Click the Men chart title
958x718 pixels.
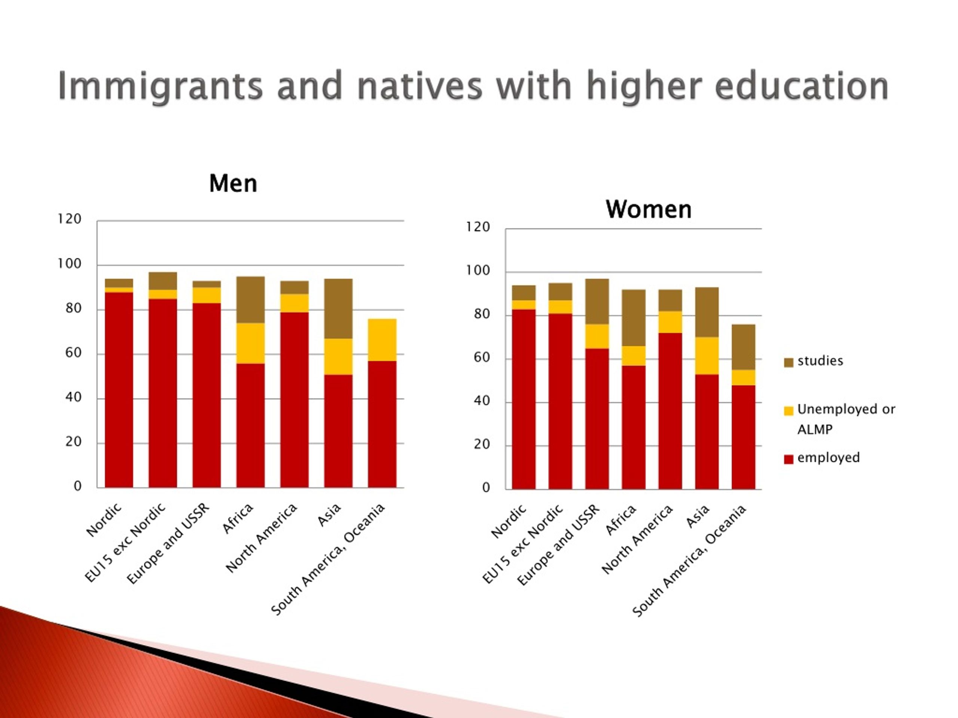[x=233, y=184]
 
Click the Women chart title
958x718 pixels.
[x=649, y=209]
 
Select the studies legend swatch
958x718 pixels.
[x=788, y=362]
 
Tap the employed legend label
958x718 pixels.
[x=829, y=458]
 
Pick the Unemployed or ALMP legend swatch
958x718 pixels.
[x=788, y=411]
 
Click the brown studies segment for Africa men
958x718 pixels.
[x=250, y=300]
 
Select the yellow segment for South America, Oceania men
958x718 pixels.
[x=382, y=340]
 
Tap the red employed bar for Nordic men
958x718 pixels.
[x=119, y=390]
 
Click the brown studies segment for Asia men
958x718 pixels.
[x=338, y=309]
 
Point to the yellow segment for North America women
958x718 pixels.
[x=670, y=322]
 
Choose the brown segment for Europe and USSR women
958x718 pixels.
[x=597, y=302]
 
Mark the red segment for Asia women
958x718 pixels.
[x=707, y=432]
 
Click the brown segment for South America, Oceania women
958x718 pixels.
[x=744, y=347]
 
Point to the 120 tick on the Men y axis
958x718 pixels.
[x=69, y=219]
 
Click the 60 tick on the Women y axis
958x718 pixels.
[x=482, y=358]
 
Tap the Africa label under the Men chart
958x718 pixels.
[x=237, y=518]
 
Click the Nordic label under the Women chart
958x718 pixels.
[x=509, y=521]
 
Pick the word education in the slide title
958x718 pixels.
[x=802, y=86]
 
